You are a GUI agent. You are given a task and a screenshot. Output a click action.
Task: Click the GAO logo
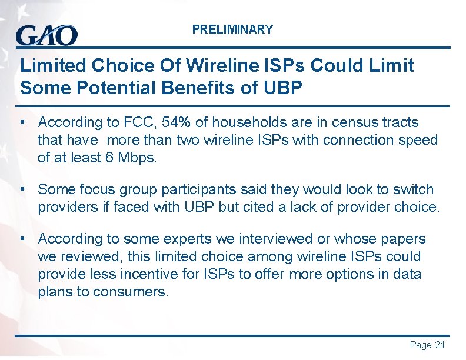pyautogui.click(x=46, y=35)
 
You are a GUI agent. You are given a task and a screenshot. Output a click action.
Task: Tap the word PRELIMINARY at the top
pyautogui.click(x=232, y=29)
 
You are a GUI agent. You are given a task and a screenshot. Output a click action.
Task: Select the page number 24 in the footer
pyautogui.click(x=440, y=345)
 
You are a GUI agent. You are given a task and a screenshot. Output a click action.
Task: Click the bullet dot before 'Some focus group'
pyautogui.click(x=22, y=189)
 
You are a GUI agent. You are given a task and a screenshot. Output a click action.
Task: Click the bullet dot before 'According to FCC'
pyautogui.click(x=22, y=122)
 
